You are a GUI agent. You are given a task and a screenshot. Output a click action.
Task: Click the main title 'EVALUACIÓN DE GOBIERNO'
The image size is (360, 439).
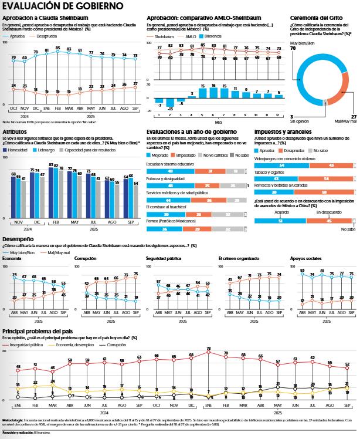(x=63, y=6)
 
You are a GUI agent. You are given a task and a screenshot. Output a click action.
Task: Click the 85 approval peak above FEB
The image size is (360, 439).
(x=58, y=48)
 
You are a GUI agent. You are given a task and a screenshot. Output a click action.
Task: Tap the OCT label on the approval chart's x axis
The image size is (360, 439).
(x=13, y=109)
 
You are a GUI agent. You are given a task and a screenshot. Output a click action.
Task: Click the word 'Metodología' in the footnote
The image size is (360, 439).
(x=12, y=420)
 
